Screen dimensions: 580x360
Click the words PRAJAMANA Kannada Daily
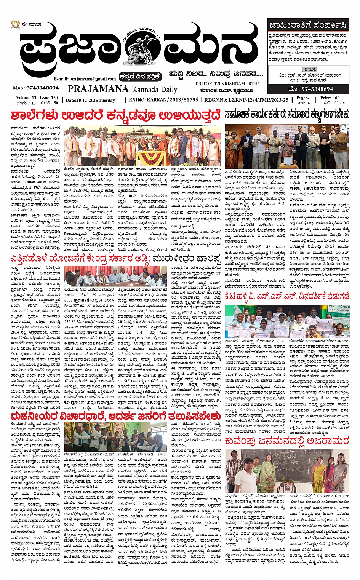tap(122, 89)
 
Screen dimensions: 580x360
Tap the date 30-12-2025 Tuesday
tap(90, 100)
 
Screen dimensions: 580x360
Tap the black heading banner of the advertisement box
tap(308, 26)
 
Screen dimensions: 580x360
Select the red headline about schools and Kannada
tap(115, 114)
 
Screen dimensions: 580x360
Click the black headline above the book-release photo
tap(286, 115)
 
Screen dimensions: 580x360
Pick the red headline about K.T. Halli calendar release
tap(286, 296)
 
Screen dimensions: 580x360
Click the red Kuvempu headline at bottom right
tap(286, 441)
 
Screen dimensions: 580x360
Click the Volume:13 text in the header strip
tap(26, 98)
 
